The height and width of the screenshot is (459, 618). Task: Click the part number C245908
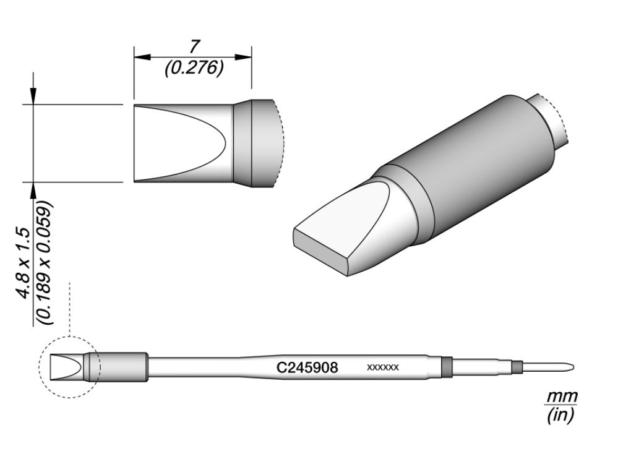[307, 367]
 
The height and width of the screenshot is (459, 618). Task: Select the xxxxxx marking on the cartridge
[382, 367]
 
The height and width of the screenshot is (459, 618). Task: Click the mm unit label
[561, 396]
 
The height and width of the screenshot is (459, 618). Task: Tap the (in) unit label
[561, 416]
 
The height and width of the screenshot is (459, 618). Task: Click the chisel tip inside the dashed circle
[67, 367]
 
